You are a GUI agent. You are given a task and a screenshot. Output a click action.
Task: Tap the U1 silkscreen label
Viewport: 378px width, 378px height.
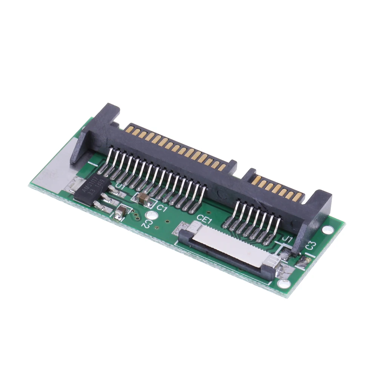[x=120, y=186]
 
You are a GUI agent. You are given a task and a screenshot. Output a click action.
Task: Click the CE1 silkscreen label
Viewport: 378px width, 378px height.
[x=204, y=218]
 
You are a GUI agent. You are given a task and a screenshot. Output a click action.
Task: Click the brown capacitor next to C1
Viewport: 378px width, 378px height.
[x=143, y=199]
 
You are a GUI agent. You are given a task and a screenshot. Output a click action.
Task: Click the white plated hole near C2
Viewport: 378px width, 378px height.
[x=151, y=215]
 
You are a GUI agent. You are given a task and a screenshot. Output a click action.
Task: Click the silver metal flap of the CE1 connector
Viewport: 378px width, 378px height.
[x=227, y=247]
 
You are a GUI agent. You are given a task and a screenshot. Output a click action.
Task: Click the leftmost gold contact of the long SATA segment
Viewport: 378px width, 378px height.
[x=129, y=129]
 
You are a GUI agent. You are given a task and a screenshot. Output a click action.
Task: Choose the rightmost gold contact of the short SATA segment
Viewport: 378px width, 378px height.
[x=299, y=197]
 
